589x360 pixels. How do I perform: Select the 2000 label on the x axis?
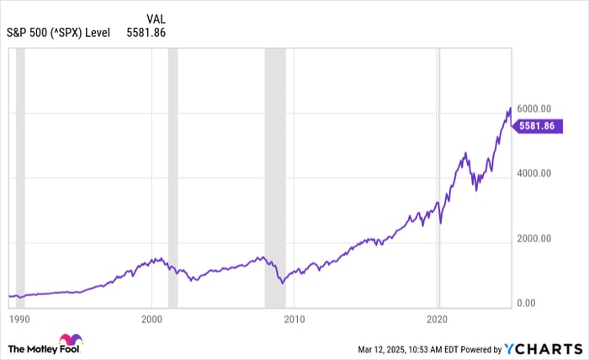[x=151, y=320]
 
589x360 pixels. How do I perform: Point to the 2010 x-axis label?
[x=294, y=320]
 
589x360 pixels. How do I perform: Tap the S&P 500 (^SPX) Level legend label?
[x=58, y=33]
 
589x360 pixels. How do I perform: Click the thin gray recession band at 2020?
[x=438, y=168]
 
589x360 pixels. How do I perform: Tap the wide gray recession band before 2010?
[x=275, y=168]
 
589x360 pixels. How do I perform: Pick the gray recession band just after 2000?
[x=172, y=168]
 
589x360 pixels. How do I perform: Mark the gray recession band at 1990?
[x=20, y=168]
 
